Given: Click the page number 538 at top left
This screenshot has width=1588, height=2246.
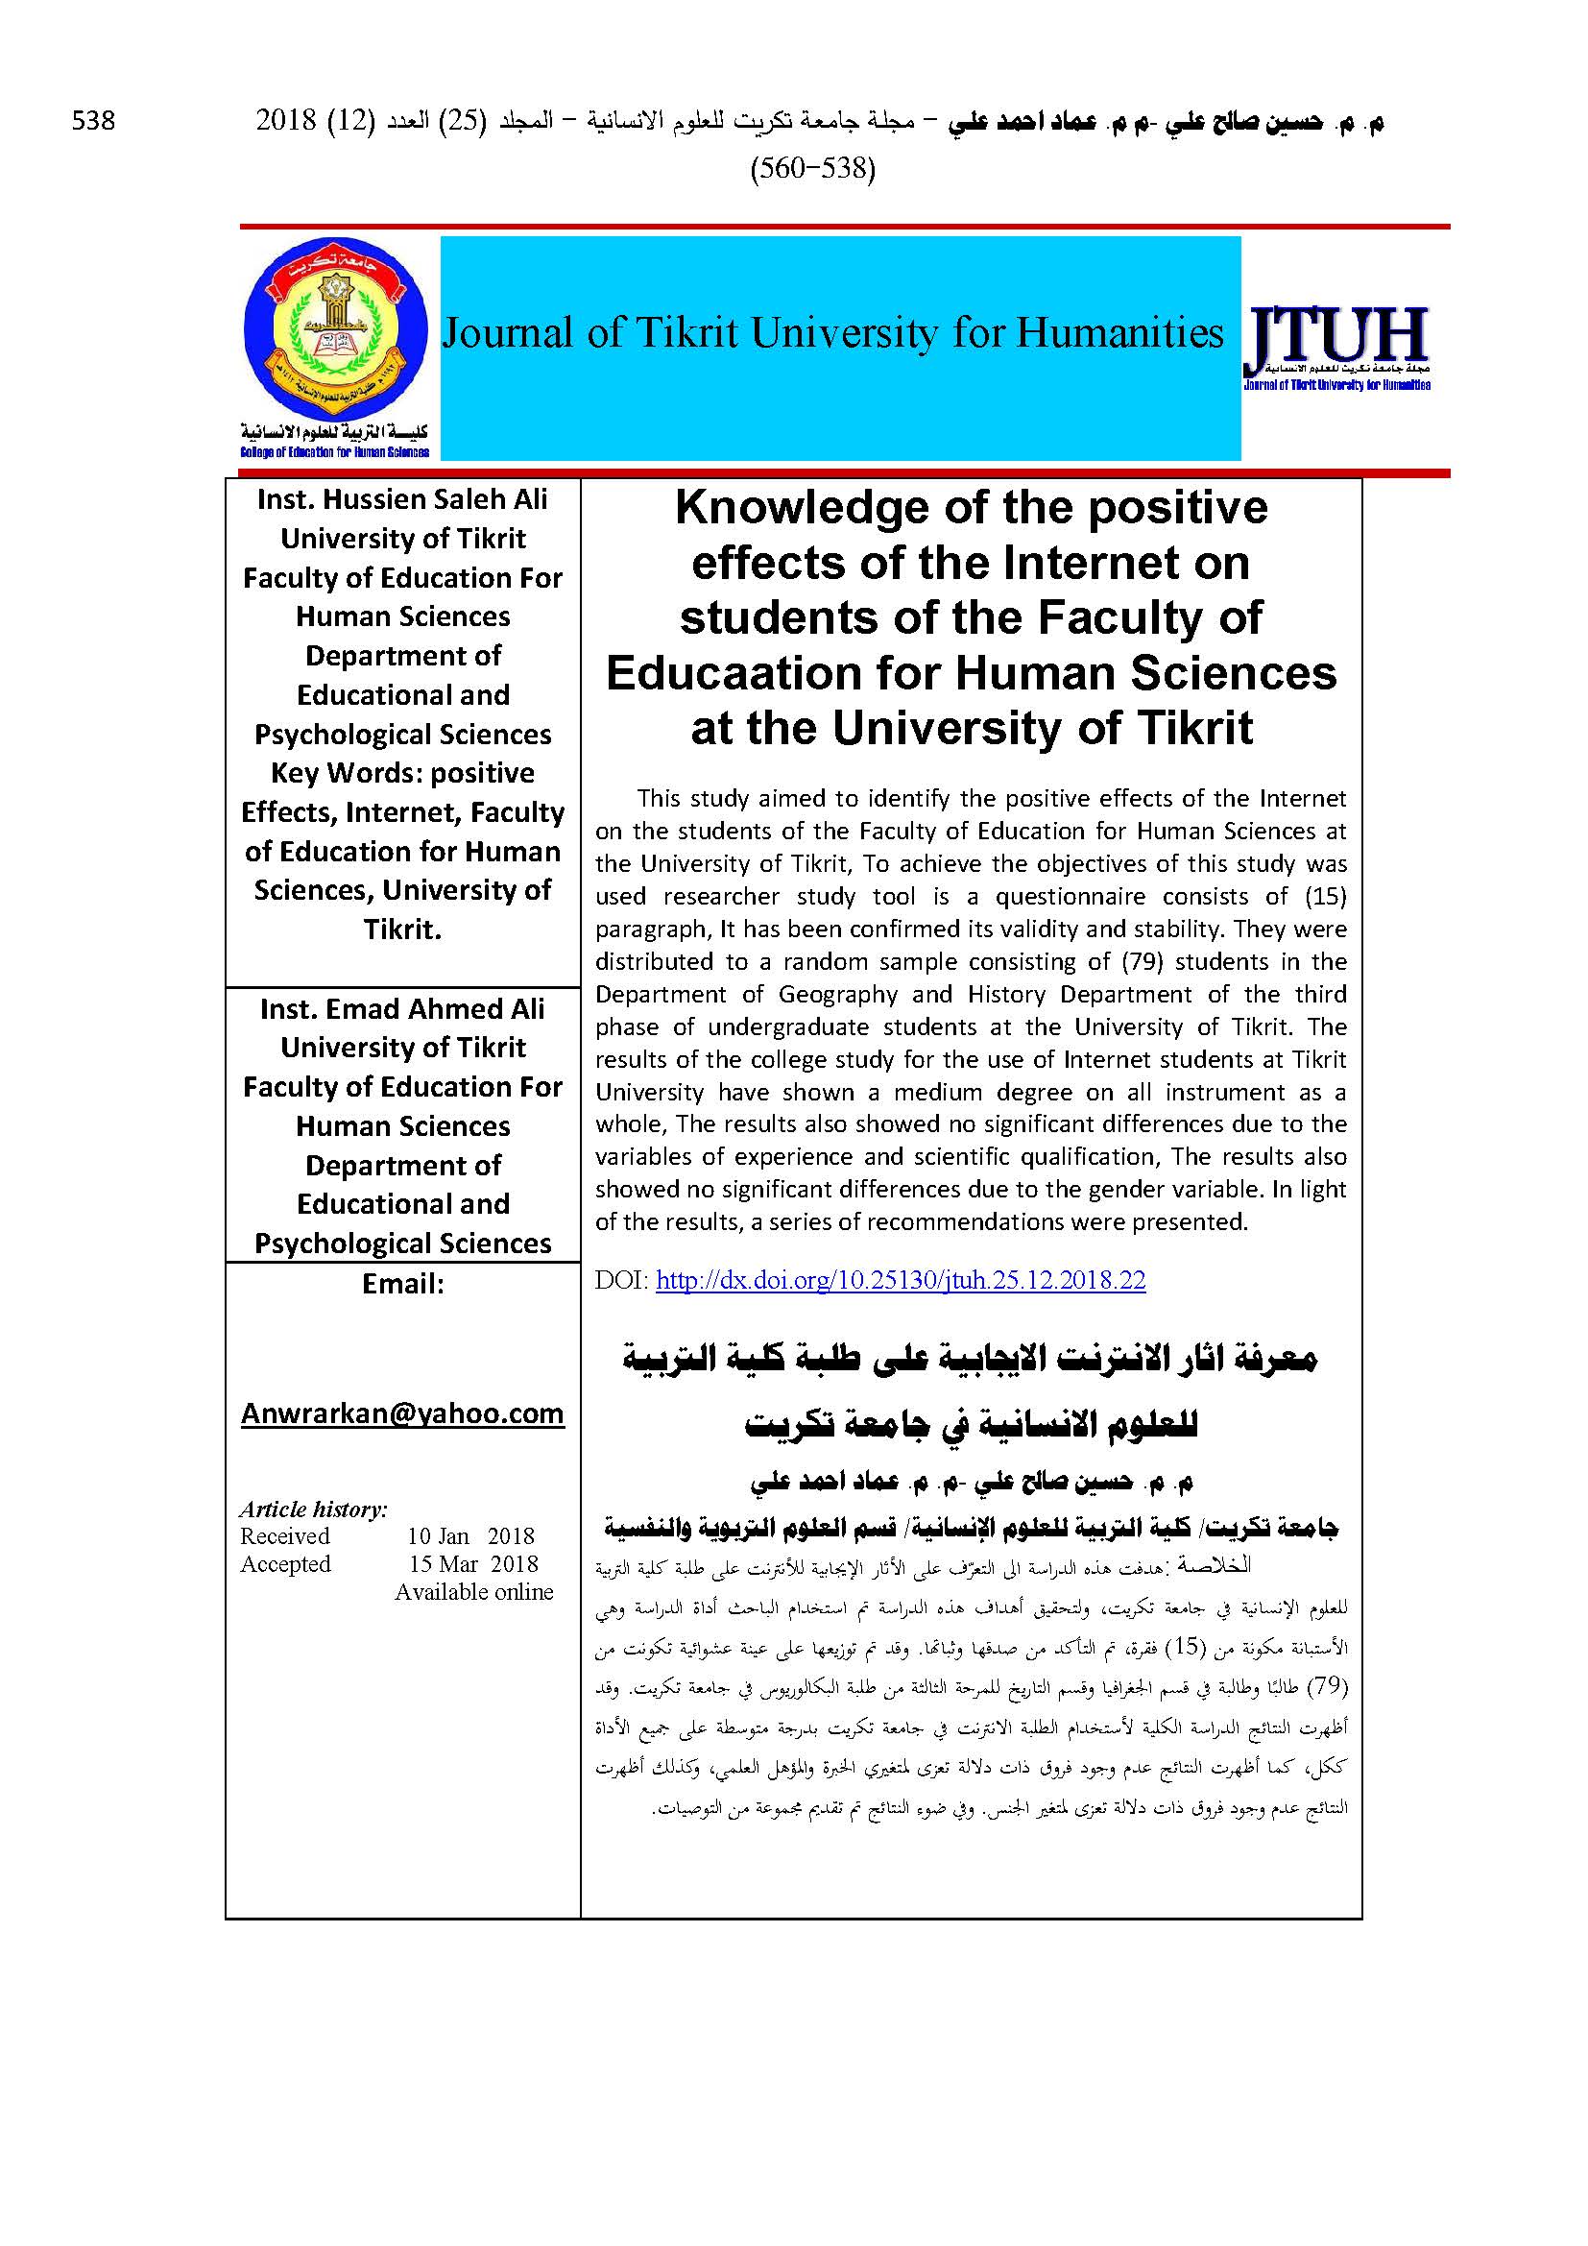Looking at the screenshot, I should (94, 121).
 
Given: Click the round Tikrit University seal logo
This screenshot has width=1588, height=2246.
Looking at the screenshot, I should (335, 330).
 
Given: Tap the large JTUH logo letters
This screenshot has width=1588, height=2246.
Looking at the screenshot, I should (1335, 336).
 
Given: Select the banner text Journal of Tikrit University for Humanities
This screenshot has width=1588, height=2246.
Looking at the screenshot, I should (832, 333).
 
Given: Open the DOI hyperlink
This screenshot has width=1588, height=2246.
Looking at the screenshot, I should (900, 1281).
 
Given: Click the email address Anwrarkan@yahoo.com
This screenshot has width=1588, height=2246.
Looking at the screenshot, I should (403, 1413).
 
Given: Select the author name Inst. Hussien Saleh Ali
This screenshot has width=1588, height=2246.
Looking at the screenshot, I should (403, 499).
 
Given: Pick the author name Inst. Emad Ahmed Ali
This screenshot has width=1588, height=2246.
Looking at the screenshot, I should (403, 1008).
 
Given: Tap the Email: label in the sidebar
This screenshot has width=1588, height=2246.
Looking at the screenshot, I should (403, 1284).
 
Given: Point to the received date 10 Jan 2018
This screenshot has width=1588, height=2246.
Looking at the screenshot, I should (471, 1536).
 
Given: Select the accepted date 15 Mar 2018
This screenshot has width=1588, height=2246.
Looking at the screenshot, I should (473, 1564).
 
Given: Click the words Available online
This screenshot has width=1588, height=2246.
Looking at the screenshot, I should (474, 1591).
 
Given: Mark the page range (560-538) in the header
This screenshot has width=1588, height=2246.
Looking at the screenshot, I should (812, 169).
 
